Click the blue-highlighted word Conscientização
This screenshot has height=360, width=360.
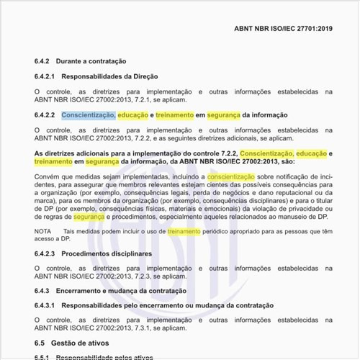tap(88, 115)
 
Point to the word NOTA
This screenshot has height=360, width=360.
tap(43, 233)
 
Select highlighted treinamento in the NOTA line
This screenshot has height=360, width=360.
tap(184, 233)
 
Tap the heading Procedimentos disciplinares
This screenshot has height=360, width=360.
tap(107, 254)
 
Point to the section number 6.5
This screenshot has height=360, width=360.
tap(41, 343)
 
